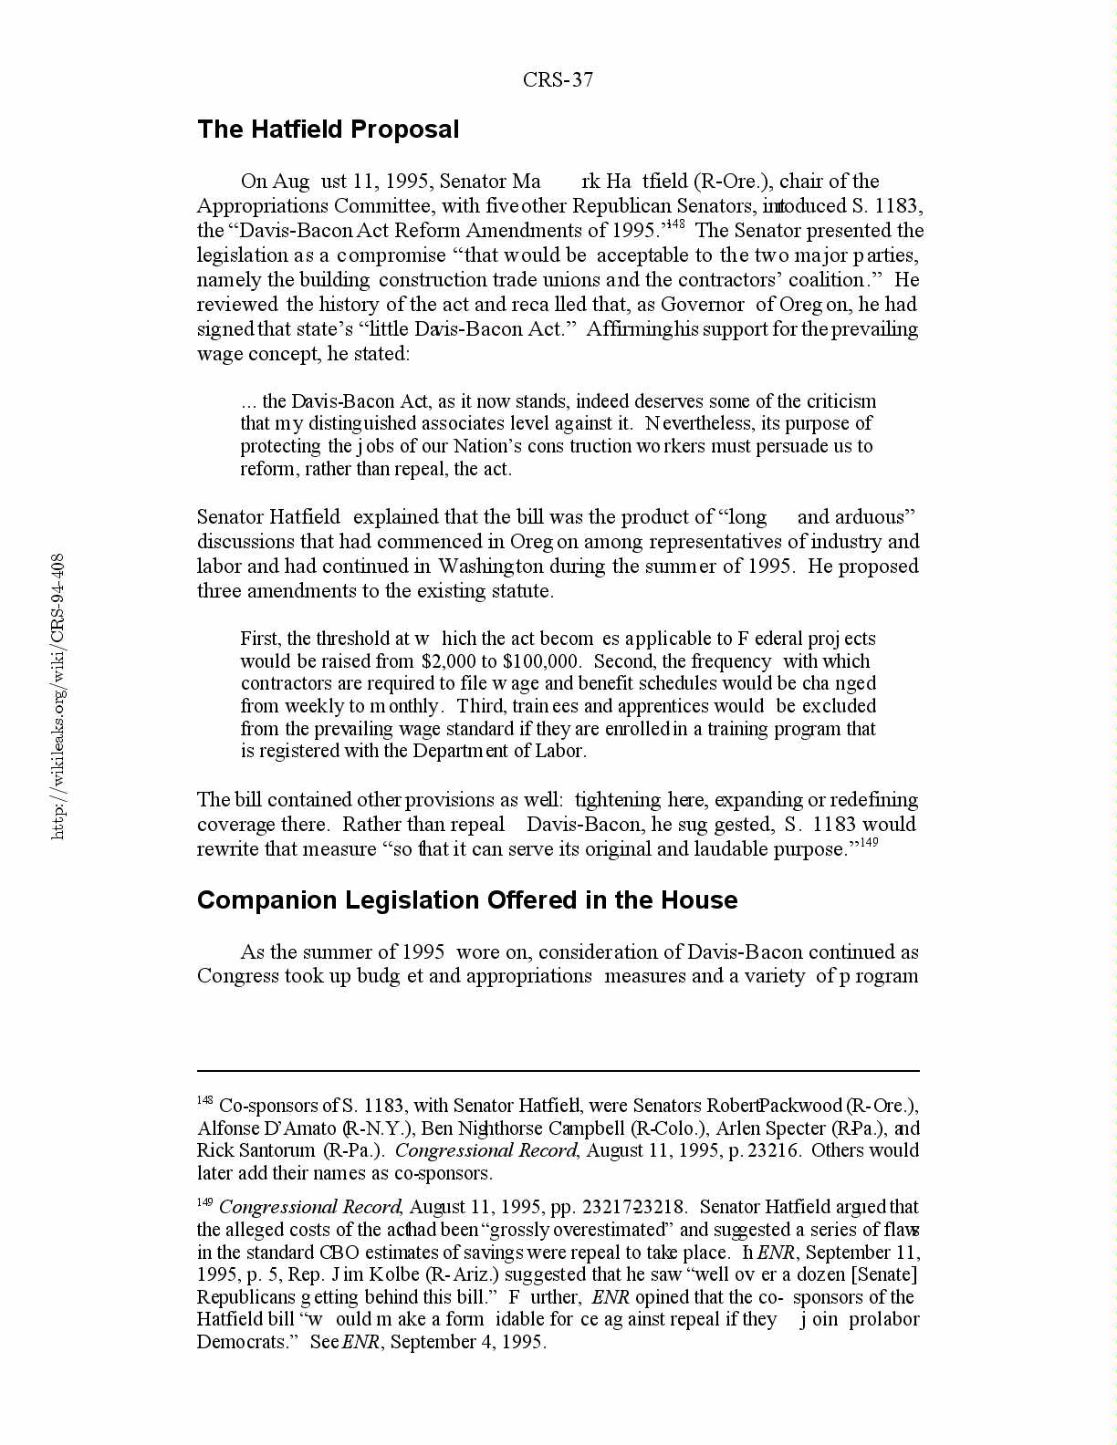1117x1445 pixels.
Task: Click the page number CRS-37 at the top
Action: (x=558, y=80)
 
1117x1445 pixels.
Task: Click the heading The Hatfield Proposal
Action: (x=328, y=130)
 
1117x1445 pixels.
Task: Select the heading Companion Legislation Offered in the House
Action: (x=467, y=900)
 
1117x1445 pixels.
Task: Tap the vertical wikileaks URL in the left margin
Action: (x=57, y=696)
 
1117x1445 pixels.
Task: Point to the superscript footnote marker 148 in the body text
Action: (x=675, y=224)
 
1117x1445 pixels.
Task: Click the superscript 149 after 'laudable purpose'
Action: (x=869, y=843)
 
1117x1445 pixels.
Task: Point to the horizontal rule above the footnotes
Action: (x=558, y=1071)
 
